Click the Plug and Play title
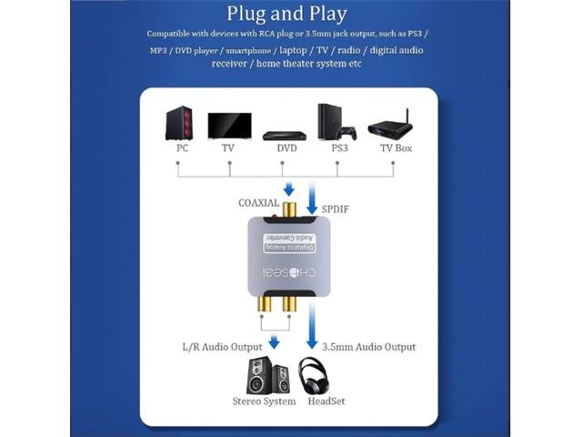point(286,14)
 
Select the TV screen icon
point(229,125)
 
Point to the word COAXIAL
point(259,203)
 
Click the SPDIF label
point(335,209)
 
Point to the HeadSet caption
point(326,401)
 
